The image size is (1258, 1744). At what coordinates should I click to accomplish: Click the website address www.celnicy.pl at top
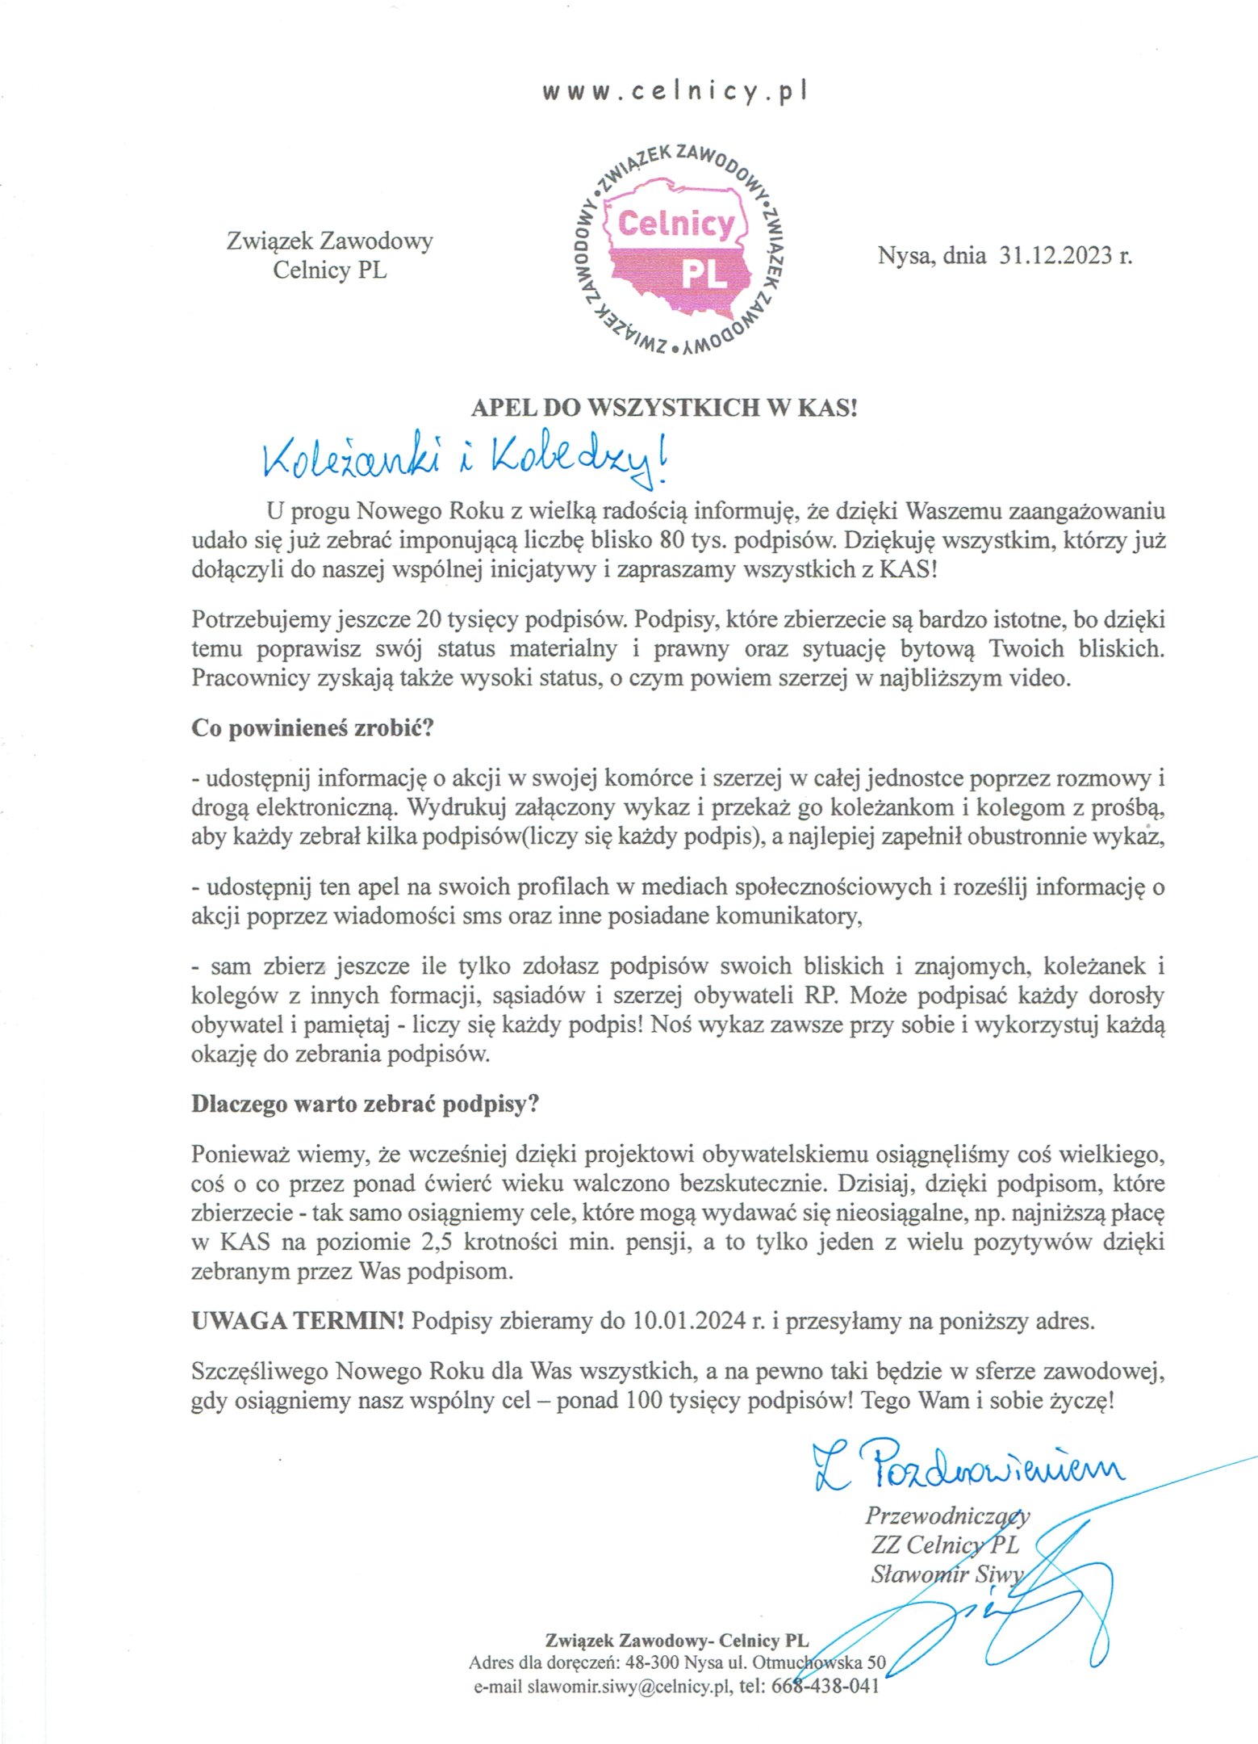[x=675, y=91]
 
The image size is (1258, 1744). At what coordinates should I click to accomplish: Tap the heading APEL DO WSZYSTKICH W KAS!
[x=663, y=407]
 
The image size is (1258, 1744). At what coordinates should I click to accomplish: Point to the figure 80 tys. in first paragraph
[x=692, y=540]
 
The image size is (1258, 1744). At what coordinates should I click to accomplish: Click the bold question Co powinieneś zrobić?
[x=312, y=727]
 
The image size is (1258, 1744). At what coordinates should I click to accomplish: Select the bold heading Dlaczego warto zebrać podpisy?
[x=365, y=1104]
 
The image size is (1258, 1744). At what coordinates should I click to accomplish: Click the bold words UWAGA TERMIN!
[x=298, y=1321]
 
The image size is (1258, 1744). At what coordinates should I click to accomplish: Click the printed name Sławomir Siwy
[x=946, y=1574]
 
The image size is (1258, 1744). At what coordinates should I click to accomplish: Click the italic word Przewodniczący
[x=947, y=1516]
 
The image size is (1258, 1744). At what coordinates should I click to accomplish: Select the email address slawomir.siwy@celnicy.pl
[x=629, y=1687]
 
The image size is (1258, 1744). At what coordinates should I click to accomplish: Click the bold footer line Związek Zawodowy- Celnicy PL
[x=676, y=1641]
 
